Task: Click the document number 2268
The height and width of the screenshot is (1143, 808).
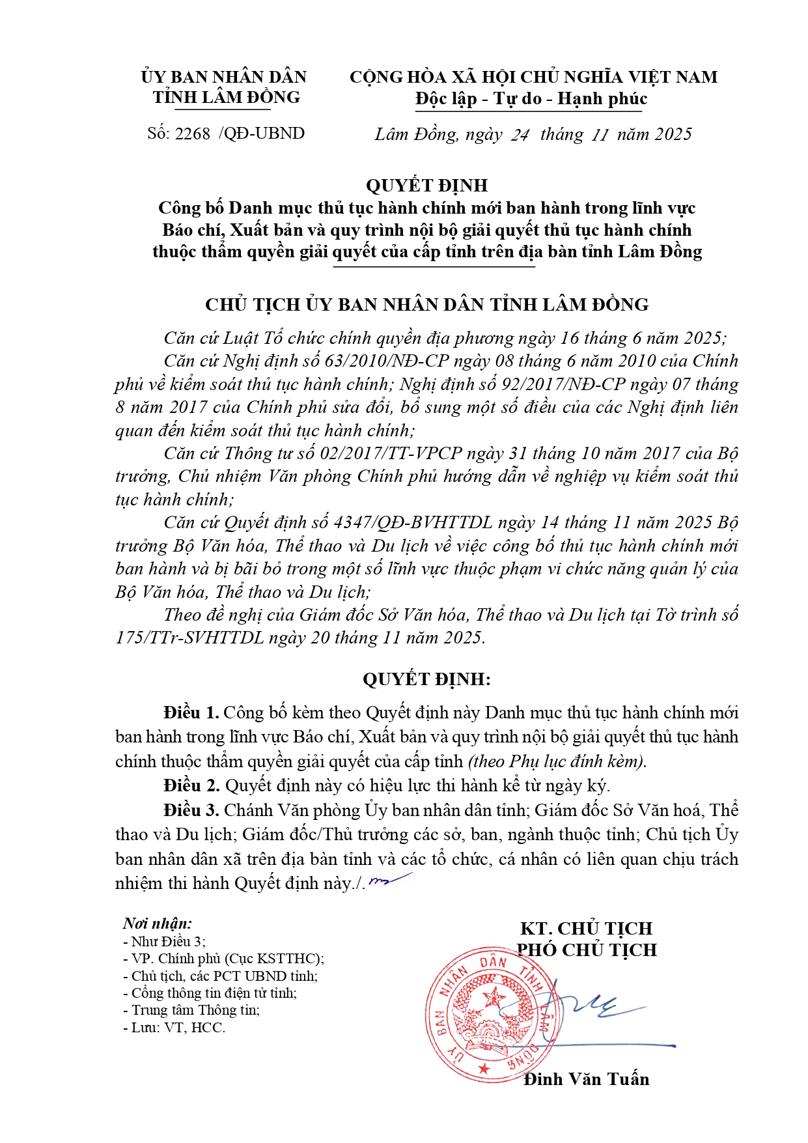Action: [193, 134]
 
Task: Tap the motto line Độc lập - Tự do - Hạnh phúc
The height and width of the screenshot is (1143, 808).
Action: [531, 99]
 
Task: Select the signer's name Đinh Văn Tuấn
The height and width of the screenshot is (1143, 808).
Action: [586, 1079]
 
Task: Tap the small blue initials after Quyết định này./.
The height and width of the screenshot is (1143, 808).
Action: [389, 880]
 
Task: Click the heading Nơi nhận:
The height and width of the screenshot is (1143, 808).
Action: [158, 924]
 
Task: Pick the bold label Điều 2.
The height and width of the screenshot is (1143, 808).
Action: [191, 785]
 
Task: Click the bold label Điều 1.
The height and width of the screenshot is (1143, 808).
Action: [191, 713]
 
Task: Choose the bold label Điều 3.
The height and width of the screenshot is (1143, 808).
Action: [191, 810]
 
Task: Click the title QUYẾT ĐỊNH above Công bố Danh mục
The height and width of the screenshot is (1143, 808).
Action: [426, 186]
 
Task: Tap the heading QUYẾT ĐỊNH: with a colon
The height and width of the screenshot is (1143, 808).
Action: [426, 679]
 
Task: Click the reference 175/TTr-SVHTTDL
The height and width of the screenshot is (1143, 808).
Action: [189, 637]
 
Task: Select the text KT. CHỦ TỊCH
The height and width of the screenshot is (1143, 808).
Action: [586, 928]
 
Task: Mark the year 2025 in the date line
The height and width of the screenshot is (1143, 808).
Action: [673, 134]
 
